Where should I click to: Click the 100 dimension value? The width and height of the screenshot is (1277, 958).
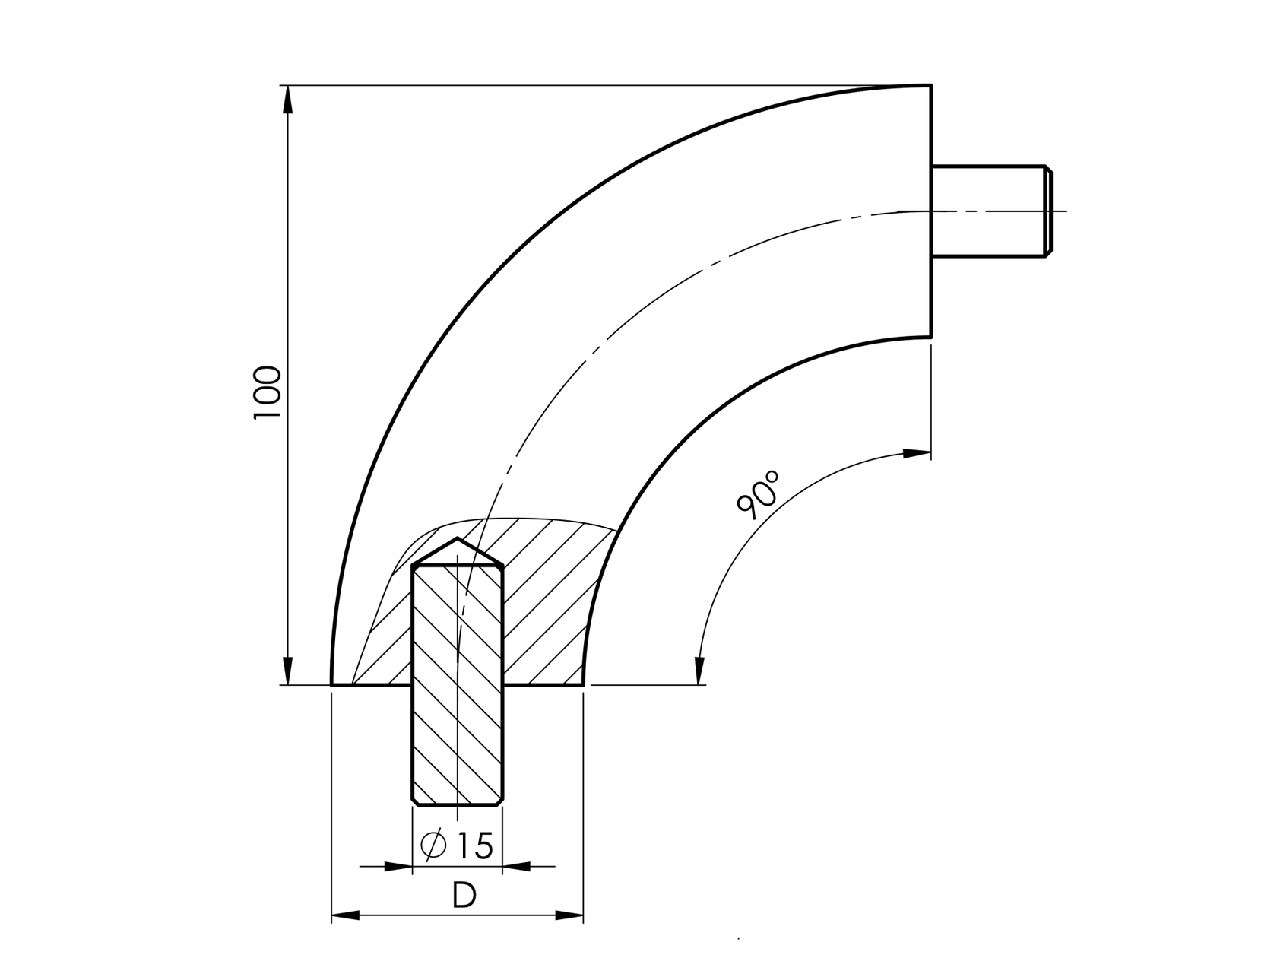[268, 392]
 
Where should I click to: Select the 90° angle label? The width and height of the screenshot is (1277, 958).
[759, 495]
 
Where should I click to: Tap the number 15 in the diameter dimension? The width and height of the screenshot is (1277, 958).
[475, 845]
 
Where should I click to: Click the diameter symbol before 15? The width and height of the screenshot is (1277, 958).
[433, 845]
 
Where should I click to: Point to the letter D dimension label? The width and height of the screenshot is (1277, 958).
[464, 896]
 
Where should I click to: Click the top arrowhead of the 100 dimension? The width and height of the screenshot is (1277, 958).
[287, 100]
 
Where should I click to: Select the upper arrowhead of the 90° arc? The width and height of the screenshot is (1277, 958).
[916, 454]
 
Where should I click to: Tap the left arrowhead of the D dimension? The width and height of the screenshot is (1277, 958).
[346, 915]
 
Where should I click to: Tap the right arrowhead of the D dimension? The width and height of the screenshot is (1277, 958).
[569, 915]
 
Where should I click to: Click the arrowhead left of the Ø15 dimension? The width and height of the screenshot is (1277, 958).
[398, 866]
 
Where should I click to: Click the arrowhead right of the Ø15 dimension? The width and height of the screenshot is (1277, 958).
[517, 866]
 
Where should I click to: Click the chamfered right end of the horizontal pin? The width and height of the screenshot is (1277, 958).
[1048, 211]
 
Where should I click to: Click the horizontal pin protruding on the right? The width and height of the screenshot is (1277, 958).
[988, 211]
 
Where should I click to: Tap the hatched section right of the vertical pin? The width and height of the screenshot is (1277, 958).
[547, 608]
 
